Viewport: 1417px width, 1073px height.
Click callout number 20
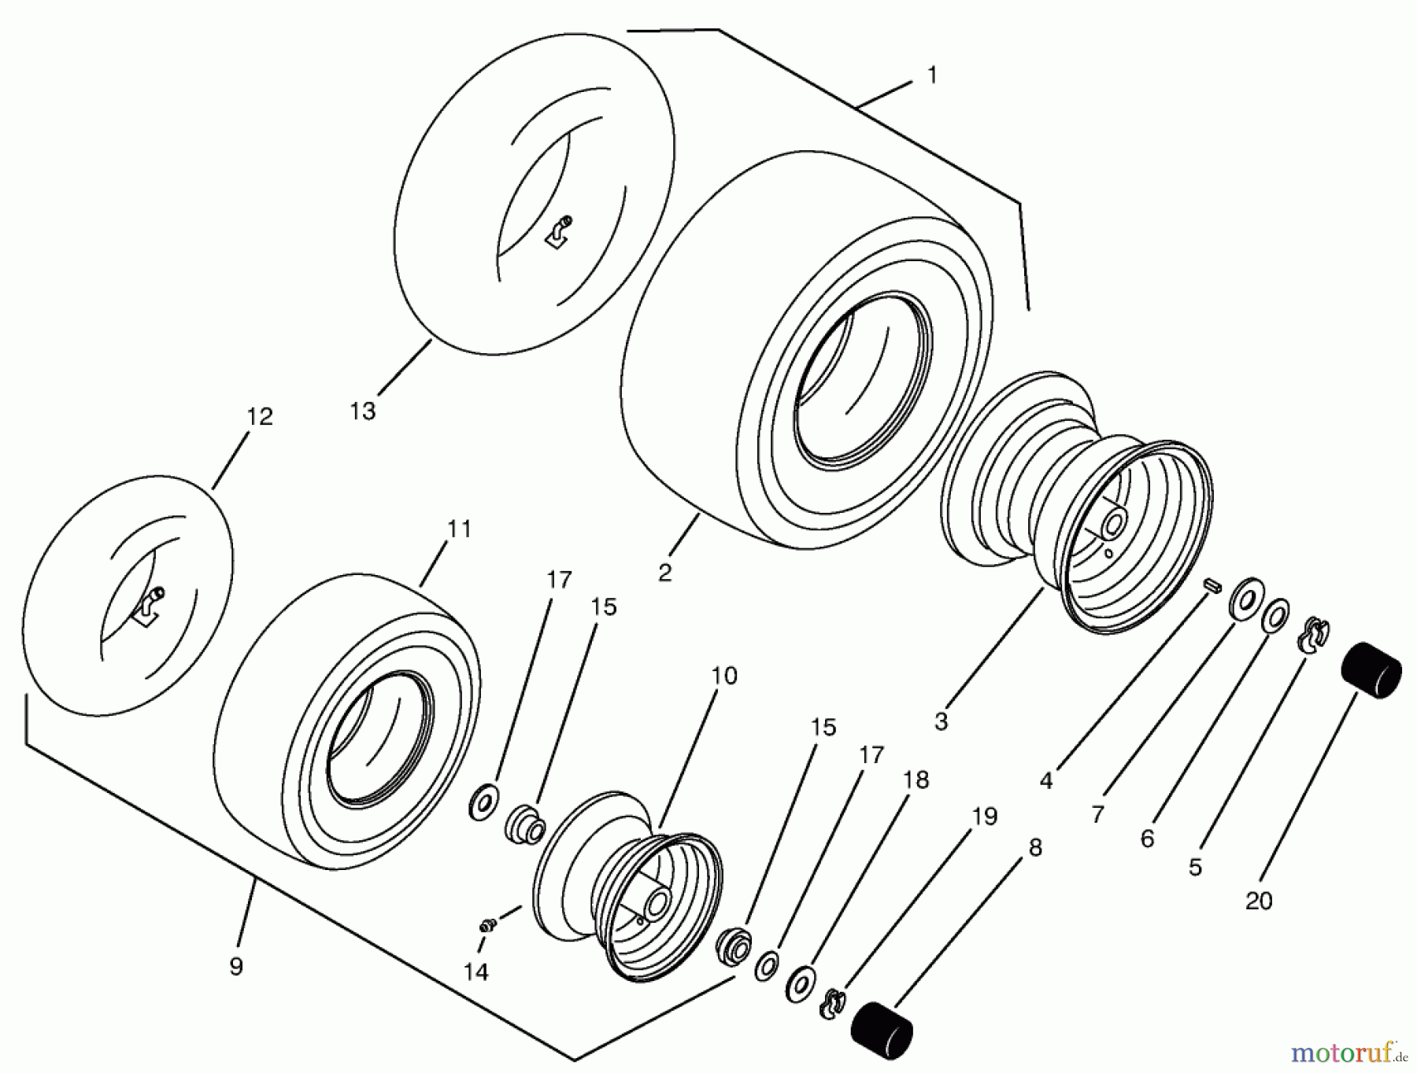1258,900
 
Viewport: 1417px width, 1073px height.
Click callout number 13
363,411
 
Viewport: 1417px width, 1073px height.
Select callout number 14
475,972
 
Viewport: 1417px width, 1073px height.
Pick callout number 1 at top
932,76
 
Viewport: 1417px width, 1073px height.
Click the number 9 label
236,967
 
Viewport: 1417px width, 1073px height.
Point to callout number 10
723,676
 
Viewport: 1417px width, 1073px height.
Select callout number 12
260,416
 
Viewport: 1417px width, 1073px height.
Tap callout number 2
664,573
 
